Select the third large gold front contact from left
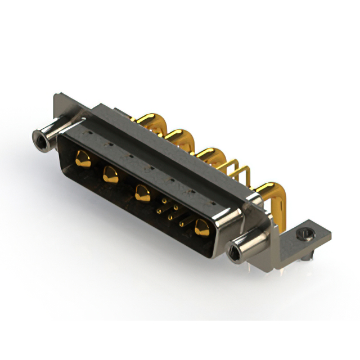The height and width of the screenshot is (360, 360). pos(142,194)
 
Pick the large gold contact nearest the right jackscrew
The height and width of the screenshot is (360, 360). pos(201,228)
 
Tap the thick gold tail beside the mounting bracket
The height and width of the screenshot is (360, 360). pos(269,191)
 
